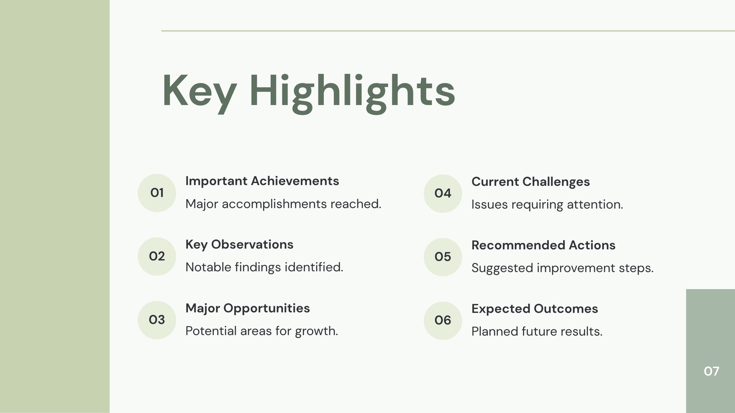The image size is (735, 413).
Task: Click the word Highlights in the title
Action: coord(352,94)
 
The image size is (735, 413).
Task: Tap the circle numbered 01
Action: coord(157,193)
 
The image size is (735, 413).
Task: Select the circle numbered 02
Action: coord(157,257)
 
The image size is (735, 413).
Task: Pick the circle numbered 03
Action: coord(157,320)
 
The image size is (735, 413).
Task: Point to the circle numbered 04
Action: coord(443,194)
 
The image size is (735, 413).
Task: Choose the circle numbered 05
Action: coord(443,257)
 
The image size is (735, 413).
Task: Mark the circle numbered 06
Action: coord(443,321)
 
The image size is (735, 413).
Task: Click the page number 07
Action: coord(712,371)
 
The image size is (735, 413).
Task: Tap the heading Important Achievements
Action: coord(262,181)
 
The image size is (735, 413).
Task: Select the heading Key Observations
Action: coord(239,245)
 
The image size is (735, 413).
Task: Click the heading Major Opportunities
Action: coord(248,308)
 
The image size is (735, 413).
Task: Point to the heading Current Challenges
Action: coord(531,182)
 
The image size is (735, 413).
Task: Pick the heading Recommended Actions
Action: coord(543,245)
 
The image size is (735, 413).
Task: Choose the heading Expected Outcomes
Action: coord(535,309)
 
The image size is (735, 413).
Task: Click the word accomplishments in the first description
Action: coord(274,205)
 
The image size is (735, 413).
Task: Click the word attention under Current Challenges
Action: coord(595,205)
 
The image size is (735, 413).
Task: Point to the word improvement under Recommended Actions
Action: coord(576,268)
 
